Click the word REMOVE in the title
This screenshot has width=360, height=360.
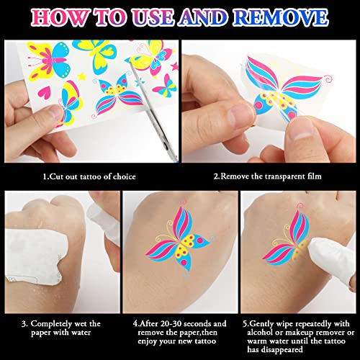point(280,17)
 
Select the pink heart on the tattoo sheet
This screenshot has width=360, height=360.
point(45,92)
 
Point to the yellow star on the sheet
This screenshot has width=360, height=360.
point(81,76)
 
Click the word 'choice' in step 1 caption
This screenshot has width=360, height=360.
point(125,176)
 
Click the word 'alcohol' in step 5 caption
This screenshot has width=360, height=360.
point(260,333)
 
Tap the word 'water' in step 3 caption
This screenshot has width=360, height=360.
point(81,333)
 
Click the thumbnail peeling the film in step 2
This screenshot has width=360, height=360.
point(303,131)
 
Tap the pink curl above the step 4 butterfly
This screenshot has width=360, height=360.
point(184,202)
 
